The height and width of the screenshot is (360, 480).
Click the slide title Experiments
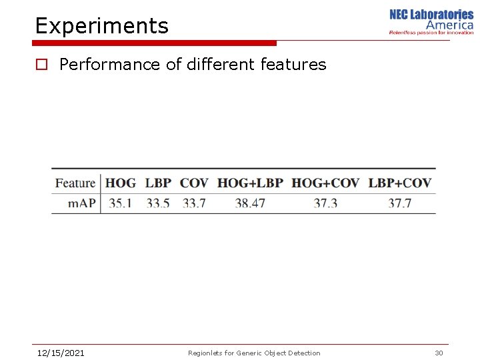102,26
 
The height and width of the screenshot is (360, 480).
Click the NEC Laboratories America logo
431,22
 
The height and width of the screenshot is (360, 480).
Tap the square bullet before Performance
41,65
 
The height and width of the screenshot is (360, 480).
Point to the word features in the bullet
293,65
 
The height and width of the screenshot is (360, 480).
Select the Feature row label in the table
75,183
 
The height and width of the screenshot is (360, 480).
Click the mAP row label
81,203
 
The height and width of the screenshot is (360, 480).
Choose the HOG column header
121,183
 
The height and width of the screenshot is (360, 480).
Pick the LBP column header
158,183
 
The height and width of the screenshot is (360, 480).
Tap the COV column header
194,183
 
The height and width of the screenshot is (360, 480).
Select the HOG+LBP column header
250,183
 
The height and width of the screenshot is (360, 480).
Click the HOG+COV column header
325,183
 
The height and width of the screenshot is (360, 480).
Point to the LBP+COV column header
400,183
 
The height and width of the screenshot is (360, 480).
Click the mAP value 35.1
120,203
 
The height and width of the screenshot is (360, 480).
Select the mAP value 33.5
158,203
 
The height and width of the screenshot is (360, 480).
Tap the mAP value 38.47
250,203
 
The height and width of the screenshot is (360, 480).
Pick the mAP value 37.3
325,203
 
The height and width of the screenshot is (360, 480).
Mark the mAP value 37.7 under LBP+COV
400,203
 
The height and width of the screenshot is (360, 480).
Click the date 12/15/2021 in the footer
61,353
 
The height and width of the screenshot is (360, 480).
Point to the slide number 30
439,353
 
